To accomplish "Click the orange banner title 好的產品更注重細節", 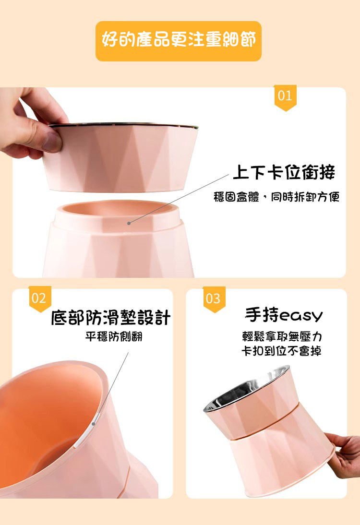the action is (179, 39).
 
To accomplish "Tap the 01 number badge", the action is (285, 97).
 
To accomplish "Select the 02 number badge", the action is (39, 298).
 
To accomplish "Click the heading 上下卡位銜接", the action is (284, 173).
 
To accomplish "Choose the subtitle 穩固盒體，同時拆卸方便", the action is (276, 197).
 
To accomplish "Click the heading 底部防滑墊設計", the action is (111, 317).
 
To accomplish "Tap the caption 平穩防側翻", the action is (114, 336).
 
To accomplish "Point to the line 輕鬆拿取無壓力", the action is (282, 336).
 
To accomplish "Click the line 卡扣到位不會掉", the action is (281, 350).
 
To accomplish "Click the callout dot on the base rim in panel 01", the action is (129, 223).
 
